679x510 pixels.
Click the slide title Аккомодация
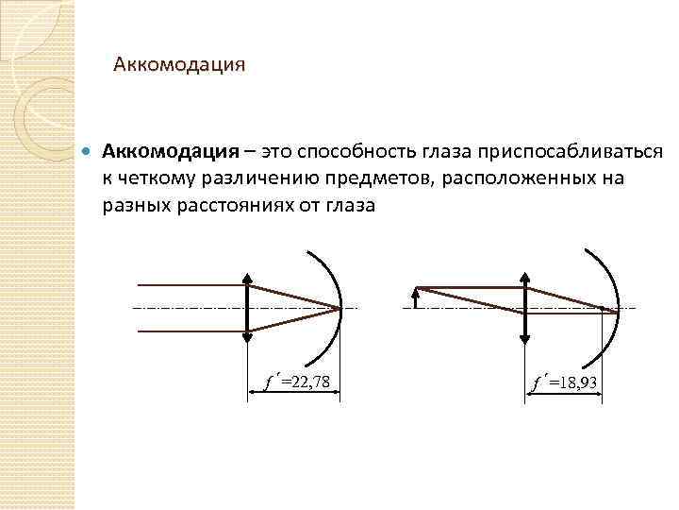(x=179, y=65)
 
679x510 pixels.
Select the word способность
(x=363, y=152)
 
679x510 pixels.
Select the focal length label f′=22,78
(x=297, y=382)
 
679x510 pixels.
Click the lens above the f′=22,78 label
(x=247, y=308)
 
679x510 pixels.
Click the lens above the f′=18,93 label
(x=524, y=308)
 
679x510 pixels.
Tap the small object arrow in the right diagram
(x=416, y=297)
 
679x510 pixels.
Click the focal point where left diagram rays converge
(x=339, y=308)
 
